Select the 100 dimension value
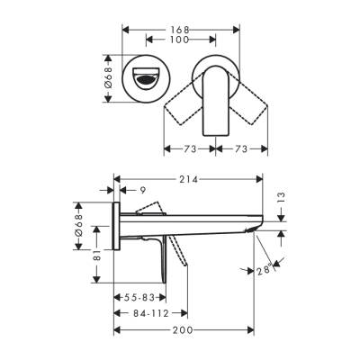pos(180,40)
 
